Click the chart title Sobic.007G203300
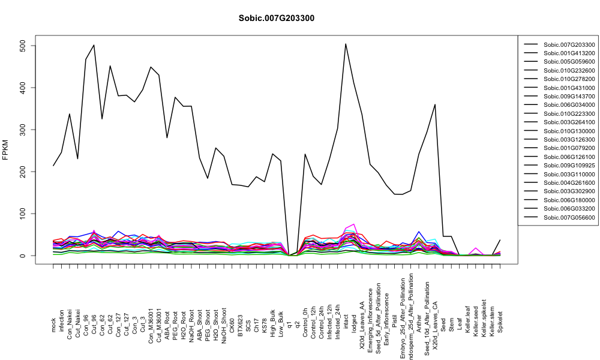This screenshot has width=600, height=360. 276,19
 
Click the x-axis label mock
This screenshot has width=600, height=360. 53,326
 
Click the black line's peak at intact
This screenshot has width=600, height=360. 346,44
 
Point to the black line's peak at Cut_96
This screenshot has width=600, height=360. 94,45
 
